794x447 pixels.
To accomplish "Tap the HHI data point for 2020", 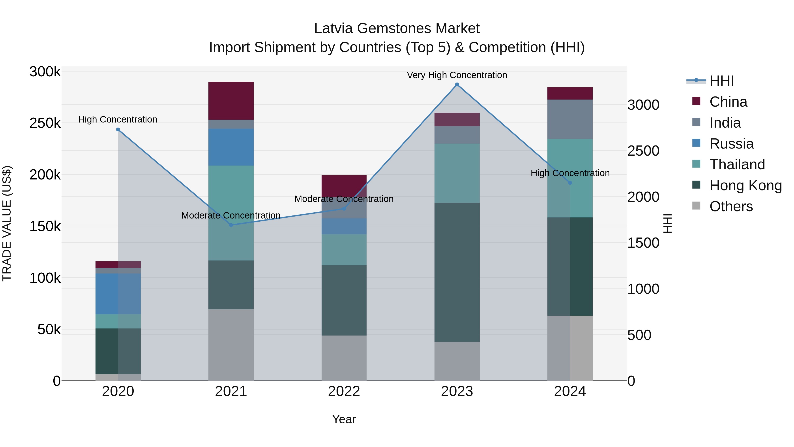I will (118, 130).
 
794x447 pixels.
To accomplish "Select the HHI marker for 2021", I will (231, 225).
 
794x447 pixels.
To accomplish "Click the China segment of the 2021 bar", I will (231, 101).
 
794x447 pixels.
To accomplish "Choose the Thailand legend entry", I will (737, 164).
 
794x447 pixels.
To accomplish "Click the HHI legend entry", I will (721, 81).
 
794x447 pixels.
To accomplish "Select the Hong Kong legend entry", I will (745, 185).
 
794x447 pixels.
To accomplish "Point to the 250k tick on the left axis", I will (45, 123).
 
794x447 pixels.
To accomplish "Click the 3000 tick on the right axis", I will (643, 105).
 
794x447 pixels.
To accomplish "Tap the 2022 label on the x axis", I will (344, 391).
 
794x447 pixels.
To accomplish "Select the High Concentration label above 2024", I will (570, 173).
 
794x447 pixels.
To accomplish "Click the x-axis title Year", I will (344, 419).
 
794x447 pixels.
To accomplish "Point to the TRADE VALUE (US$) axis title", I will (7, 223).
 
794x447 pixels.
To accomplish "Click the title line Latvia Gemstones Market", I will (397, 28).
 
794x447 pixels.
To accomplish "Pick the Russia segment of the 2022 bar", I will (344, 226).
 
